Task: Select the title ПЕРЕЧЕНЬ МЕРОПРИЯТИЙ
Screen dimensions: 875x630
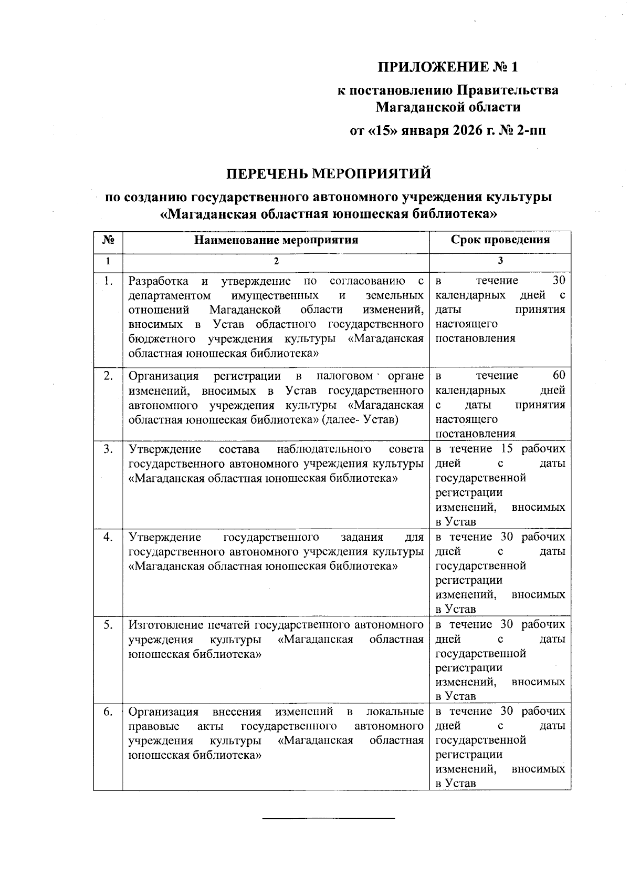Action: coord(329,173)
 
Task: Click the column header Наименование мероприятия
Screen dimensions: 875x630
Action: coord(276,241)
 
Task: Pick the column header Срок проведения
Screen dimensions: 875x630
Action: coord(500,240)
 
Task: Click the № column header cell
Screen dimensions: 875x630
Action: coord(108,241)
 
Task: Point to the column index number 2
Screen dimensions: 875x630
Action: coord(276,261)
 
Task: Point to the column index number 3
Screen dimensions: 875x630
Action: coord(500,261)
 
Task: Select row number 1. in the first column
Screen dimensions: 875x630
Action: coord(108,281)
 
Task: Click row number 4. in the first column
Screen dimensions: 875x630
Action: coord(108,537)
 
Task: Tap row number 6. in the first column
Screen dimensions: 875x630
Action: coord(108,712)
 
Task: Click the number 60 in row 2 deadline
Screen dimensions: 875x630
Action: coord(559,375)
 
